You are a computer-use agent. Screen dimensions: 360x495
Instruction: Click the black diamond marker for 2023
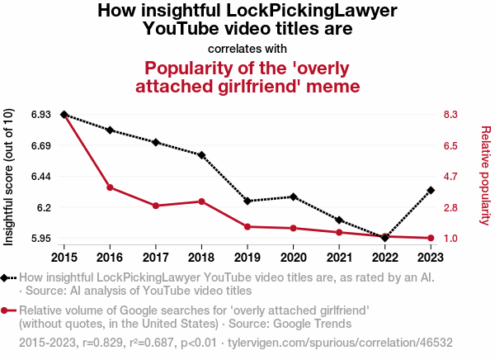[x=431, y=191]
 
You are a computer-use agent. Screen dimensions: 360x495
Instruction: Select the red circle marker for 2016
[x=110, y=187]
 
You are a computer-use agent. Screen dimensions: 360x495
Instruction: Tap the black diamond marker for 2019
[x=247, y=201]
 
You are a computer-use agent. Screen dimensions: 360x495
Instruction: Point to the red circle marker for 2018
[x=201, y=201]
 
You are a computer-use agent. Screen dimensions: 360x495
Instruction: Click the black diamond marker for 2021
[x=339, y=220]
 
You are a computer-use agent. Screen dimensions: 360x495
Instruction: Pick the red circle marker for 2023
[x=431, y=239]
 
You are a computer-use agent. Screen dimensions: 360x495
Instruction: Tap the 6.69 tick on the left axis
[x=40, y=145]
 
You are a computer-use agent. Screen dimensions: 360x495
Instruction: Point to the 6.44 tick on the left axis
[x=40, y=177]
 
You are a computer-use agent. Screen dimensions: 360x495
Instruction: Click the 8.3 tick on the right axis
[x=451, y=115]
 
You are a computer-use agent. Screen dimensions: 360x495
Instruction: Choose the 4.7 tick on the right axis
[x=451, y=177]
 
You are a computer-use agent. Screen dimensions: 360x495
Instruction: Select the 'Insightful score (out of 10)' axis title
[x=10, y=177]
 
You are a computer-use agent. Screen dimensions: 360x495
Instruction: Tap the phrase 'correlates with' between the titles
[x=247, y=48]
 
